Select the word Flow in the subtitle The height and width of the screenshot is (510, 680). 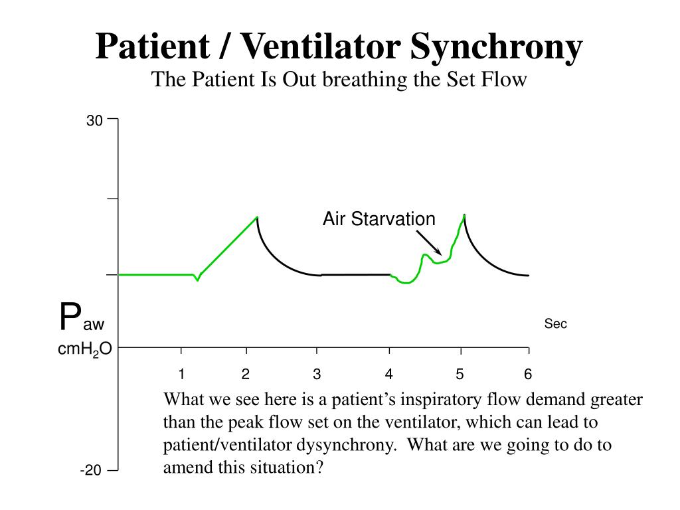pyautogui.click(x=507, y=80)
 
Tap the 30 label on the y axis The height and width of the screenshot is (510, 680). pyautogui.click(x=94, y=121)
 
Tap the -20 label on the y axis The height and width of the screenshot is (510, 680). pyautogui.click(x=91, y=471)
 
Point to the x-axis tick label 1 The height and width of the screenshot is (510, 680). pyautogui.click(x=181, y=375)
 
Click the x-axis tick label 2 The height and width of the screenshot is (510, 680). pyautogui.click(x=246, y=375)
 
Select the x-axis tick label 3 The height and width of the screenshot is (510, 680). pyautogui.click(x=317, y=375)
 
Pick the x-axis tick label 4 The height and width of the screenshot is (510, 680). pyautogui.click(x=389, y=375)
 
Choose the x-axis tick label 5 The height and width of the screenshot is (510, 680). pyautogui.click(x=460, y=375)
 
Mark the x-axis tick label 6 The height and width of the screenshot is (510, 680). pyautogui.click(x=528, y=375)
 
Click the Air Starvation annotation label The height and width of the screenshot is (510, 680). pyautogui.click(x=379, y=219)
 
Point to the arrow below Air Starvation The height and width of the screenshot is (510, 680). pyautogui.click(x=429, y=242)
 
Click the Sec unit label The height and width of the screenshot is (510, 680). pyautogui.click(x=556, y=324)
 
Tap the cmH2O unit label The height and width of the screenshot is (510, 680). pyautogui.click(x=84, y=350)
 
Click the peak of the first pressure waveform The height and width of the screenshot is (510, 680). pyautogui.click(x=257, y=216)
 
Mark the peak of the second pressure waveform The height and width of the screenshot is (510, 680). pyautogui.click(x=464, y=214)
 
